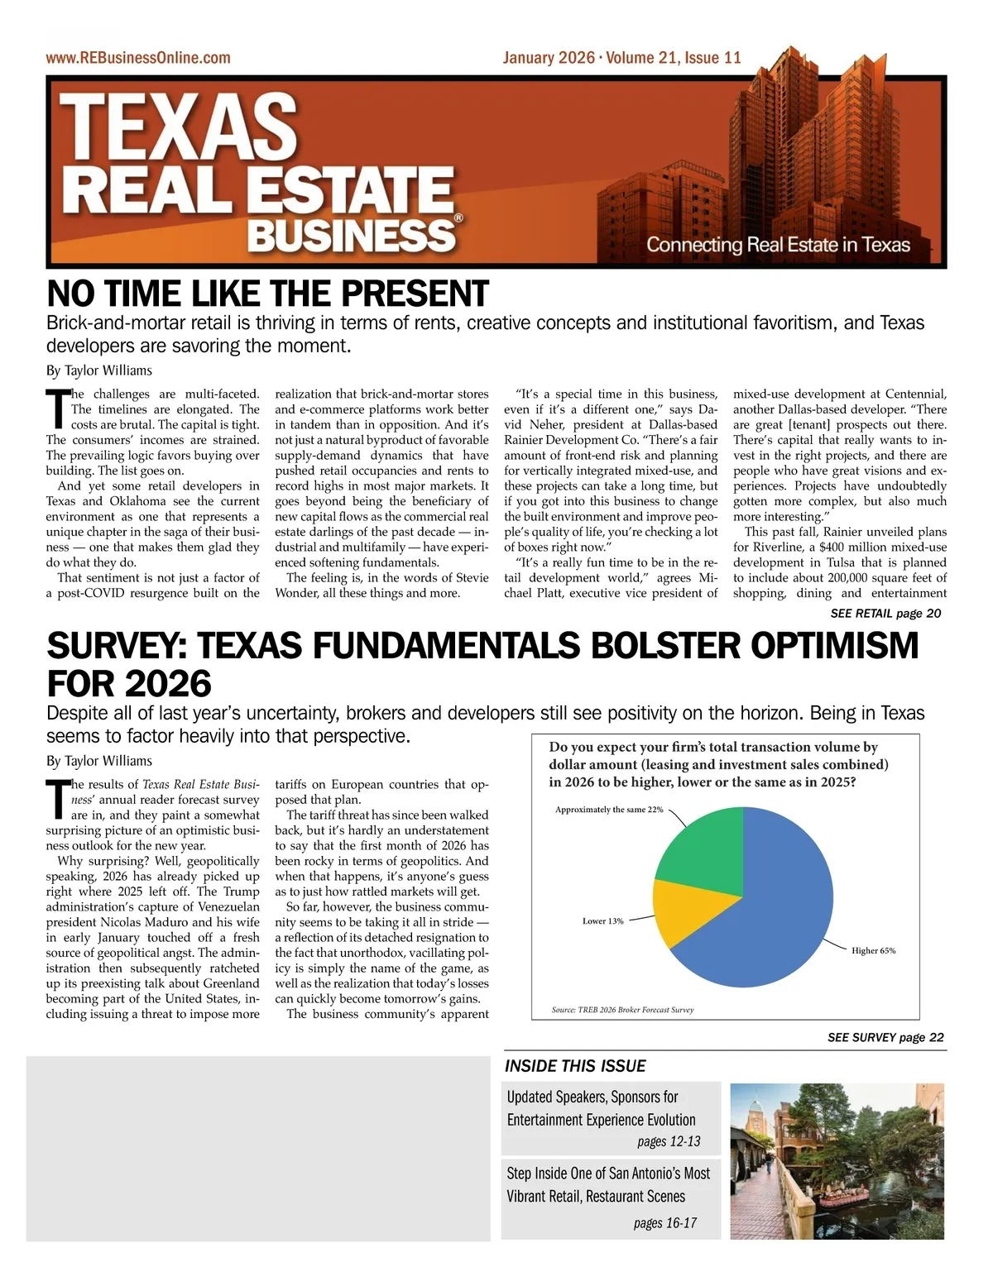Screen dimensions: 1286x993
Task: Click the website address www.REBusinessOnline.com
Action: (138, 58)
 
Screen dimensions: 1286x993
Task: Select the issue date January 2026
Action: (548, 58)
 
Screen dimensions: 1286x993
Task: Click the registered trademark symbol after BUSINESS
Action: (458, 218)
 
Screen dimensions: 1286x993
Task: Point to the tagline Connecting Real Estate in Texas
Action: (778, 245)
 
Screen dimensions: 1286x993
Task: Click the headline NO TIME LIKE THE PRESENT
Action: (267, 294)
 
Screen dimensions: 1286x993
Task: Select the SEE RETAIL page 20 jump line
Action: (885, 614)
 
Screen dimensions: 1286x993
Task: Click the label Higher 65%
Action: (873, 951)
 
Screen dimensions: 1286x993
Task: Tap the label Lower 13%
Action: (602, 920)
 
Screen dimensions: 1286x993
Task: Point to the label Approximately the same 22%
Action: (609, 810)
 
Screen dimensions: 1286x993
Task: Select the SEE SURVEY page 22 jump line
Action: (885, 1038)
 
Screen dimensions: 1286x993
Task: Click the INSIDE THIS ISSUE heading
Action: (575, 1066)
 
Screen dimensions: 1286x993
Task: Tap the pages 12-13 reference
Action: (669, 1142)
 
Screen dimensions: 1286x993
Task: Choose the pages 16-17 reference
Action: (665, 1223)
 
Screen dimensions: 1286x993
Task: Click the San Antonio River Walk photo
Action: (837, 1161)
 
